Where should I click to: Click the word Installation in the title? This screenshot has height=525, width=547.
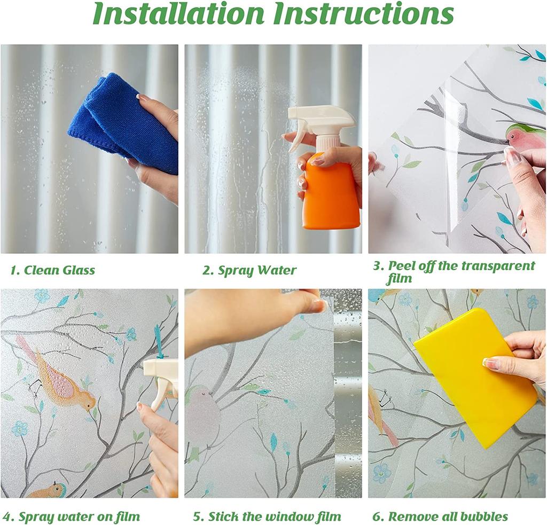tap(179, 14)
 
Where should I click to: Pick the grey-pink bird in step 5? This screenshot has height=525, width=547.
tap(203, 412)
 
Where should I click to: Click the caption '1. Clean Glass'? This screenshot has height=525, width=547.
tap(52, 270)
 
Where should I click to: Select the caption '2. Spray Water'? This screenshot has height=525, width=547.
tap(249, 270)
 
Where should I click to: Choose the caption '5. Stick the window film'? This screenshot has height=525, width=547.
tap(267, 516)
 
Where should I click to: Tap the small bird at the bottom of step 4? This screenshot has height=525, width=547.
tap(49, 490)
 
